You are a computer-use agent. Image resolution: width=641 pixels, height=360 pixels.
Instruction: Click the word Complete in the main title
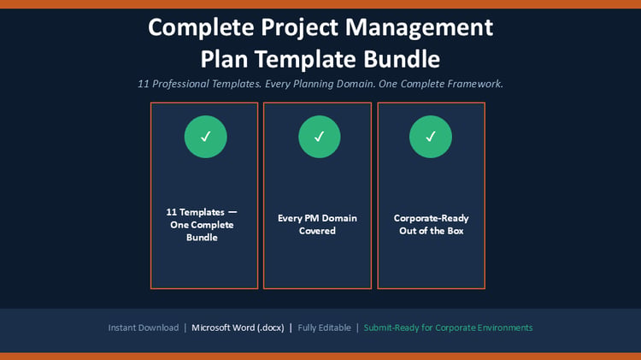click(201, 28)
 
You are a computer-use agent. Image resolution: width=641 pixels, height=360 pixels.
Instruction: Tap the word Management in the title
click(419, 28)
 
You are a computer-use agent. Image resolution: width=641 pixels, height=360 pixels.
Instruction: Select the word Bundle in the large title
click(402, 59)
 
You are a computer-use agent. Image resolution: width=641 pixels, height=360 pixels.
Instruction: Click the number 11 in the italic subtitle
click(143, 84)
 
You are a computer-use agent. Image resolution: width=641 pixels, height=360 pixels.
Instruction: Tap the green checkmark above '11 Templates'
click(206, 137)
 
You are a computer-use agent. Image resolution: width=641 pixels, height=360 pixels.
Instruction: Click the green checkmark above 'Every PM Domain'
click(320, 137)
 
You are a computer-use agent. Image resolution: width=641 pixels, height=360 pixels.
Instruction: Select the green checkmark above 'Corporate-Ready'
click(431, 137)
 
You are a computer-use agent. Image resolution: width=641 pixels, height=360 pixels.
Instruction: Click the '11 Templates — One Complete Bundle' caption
click(202, 225)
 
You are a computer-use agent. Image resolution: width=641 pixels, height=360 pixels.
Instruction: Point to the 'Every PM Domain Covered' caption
click(317, 225)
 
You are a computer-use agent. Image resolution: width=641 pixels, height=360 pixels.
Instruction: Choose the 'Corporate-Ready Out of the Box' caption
click(432, 225)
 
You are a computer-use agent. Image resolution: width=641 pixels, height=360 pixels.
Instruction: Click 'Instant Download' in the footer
click(144, 328)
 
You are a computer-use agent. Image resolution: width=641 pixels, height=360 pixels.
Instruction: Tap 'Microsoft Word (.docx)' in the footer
click(238, 328)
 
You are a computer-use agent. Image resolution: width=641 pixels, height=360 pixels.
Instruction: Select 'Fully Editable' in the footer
click(324, 328)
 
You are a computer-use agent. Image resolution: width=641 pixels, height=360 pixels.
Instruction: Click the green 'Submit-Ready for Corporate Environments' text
click(448, 328)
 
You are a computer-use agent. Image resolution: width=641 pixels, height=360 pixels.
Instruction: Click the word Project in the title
click(300, 28)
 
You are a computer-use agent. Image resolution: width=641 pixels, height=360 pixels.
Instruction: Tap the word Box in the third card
click(456, 231)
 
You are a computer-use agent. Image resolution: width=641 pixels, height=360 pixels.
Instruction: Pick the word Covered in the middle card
click(317, 231)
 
